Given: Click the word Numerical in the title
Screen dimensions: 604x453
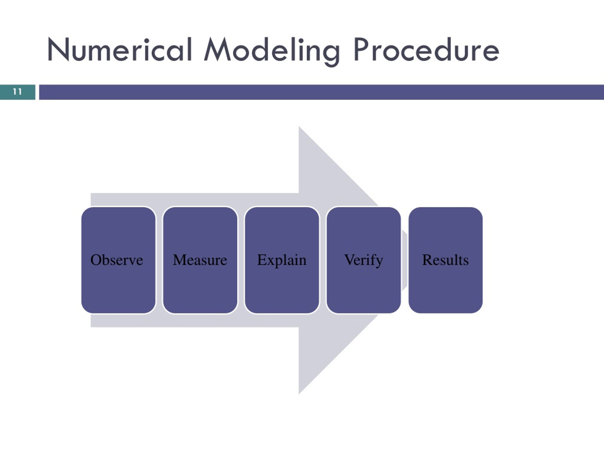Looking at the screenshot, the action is coord(120,49).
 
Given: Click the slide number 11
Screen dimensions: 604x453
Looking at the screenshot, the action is coord(17,92).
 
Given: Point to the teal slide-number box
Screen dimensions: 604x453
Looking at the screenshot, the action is coord(18,92).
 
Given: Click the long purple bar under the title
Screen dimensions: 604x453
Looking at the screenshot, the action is coord(321,92).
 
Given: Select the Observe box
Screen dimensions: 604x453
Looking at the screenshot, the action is coord(118,260).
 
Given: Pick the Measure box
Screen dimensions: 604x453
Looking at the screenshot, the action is coord(200,260).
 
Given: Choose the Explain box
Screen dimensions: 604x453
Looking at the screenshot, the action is coord(282,260).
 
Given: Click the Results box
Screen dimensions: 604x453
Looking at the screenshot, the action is coord(446,260).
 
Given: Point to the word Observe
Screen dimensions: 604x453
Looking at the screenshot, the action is coord(117,260).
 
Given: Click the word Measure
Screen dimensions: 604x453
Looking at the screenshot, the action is coord(200,260).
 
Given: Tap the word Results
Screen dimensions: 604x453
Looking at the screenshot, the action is coord(445,260).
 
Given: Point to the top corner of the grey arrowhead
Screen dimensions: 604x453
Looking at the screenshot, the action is coord(299,126).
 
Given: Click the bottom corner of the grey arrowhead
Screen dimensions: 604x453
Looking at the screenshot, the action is coord(299,394).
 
